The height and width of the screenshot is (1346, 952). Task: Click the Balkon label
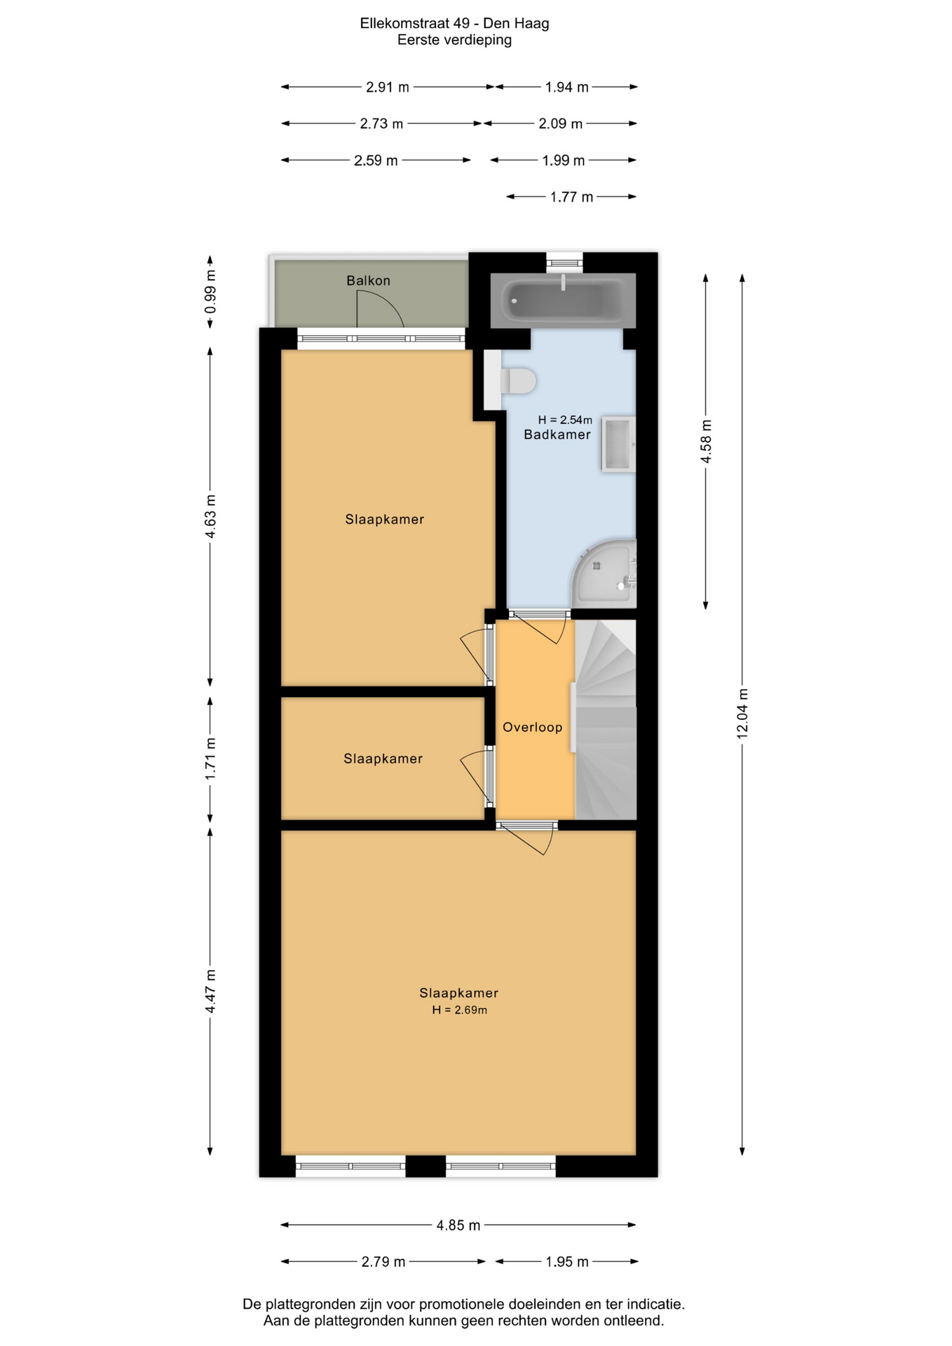[x=368, y=280]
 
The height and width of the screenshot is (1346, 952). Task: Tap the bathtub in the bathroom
[x=563, y=300]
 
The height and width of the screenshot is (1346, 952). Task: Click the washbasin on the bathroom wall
[x=618, y=444]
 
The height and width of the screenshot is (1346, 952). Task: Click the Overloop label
[x=532, y=727]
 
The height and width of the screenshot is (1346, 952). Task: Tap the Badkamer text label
[x=557, y=435]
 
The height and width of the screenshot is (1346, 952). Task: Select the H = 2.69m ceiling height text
[x=459, y=1009]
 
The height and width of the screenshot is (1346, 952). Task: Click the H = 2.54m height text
[x=565, y=420]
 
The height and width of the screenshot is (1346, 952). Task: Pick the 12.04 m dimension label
[x=742, y=713]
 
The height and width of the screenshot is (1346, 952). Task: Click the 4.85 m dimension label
[x=458, y=1225]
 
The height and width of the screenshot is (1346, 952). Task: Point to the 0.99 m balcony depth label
[x=210, y=292]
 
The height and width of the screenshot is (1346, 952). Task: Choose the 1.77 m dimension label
[x=571, y=197]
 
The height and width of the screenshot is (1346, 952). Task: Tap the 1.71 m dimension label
[x=210, y=759]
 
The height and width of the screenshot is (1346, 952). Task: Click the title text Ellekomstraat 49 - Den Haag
[x=454, y=23]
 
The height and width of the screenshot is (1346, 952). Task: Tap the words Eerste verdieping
[x=454, y=40]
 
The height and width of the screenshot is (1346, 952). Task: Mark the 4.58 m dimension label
[x=706, y=441]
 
